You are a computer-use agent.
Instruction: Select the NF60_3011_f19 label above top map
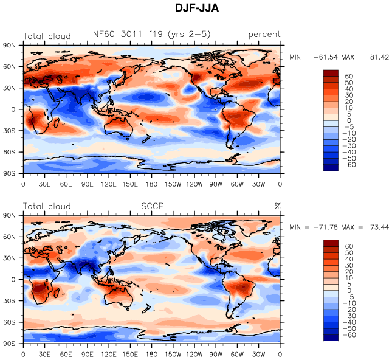pyautogui.click(x=151, y=35)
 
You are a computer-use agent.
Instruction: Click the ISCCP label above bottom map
pyautogui.click(x=151, y=206)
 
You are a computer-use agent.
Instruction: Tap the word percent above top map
pyautogui.click(x=264, y=35)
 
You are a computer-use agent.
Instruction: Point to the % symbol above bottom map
pyautogui.click(x=277, y=206)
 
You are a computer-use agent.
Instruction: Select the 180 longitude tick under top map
pyautogui.click(x=152, y=184)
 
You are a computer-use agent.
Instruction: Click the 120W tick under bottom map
pyautogui.click(x=195, y=355)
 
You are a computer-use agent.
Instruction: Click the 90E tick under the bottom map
pyautogui.click(x=88, y=355)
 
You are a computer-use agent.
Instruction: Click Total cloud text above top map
pyautogui.click(x=47, y=35)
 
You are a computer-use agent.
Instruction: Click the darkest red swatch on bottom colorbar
pyautogui.click(x=330, y=244)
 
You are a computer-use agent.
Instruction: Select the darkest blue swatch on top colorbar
pyautogui.click(x=330, y=168)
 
